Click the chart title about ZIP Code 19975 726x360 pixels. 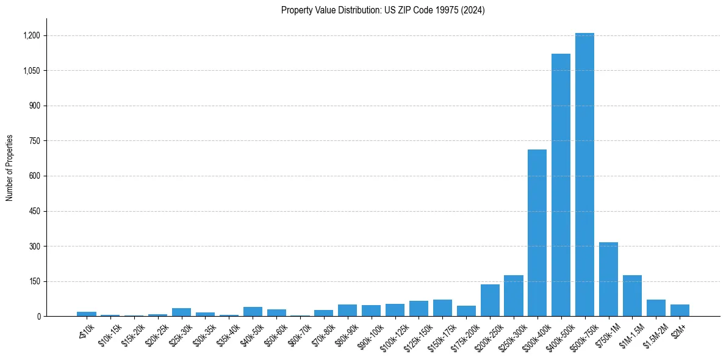tap(383, 10)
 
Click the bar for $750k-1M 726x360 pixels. tap(608, 279)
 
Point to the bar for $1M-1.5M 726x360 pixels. tap(632, 296)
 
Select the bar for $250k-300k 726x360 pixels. tap(513, 296)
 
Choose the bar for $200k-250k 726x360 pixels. tap(490, 300)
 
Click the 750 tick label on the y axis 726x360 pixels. tap(35, 141)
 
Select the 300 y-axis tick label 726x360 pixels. tap(35, 247)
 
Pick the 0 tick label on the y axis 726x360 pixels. tap(38, 317)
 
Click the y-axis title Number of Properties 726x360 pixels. tap(10, 168)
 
